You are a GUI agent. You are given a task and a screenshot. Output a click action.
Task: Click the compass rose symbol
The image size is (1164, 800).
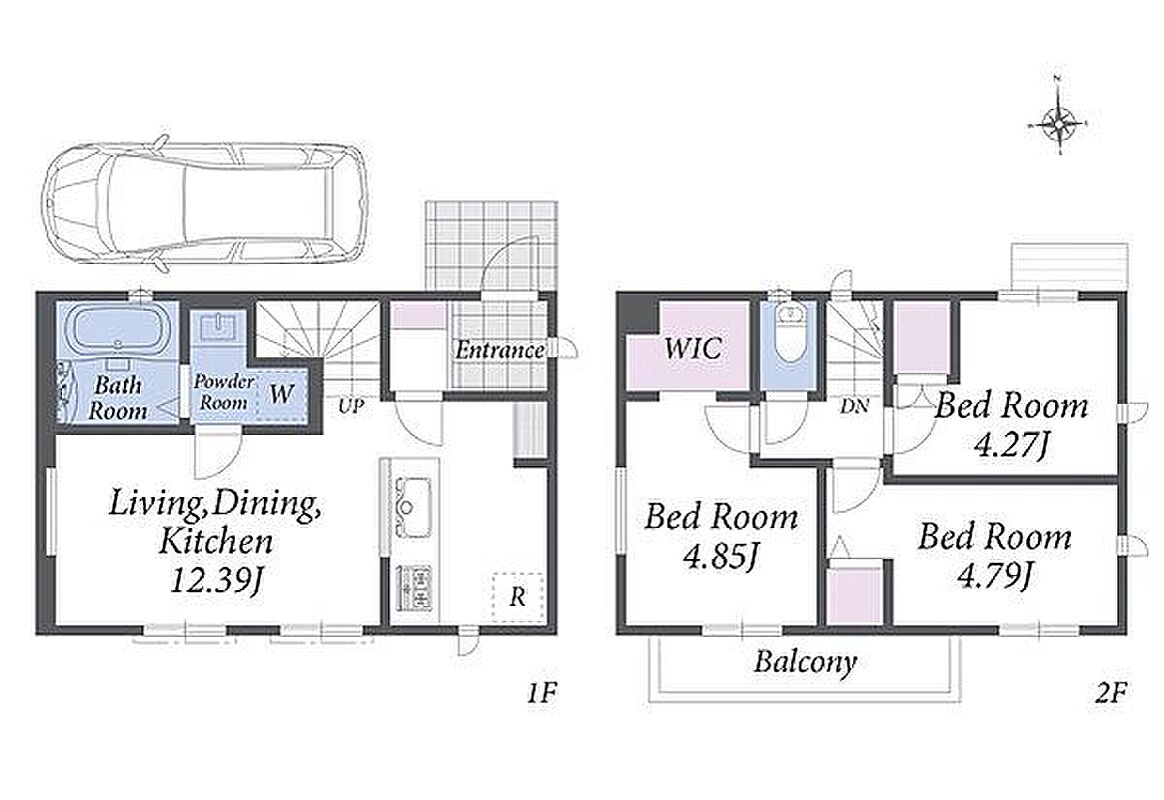click(x=1059, y=123)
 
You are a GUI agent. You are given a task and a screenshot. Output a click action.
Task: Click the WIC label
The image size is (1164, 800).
click(x=691, y=348)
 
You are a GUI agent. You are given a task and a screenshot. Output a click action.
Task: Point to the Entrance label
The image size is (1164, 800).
click(x=500, y=349)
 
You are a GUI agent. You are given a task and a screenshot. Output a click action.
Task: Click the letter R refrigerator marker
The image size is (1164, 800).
click(x=518, y=596)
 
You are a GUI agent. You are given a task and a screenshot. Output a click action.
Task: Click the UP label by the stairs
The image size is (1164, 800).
click(x=351, y=406)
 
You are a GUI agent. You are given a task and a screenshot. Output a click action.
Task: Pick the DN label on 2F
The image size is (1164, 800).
click(x=855, y=406)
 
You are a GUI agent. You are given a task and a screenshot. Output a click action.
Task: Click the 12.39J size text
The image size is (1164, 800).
click(x=215, y=579)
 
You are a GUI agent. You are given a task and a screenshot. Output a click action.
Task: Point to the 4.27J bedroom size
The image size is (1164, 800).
click(x=1011, y=445)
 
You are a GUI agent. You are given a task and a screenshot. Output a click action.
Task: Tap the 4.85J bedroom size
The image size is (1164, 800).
click(x=720, y=556)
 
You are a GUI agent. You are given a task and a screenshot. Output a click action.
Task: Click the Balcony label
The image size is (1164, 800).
click(x=805, y=661)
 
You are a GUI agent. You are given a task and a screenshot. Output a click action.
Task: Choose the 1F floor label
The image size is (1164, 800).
click(x=542, y=693)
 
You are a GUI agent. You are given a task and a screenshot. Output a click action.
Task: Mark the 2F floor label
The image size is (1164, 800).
click(x=1111, y=693)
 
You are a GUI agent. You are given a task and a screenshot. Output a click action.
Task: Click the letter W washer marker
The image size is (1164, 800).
click(x=282, y=393)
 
